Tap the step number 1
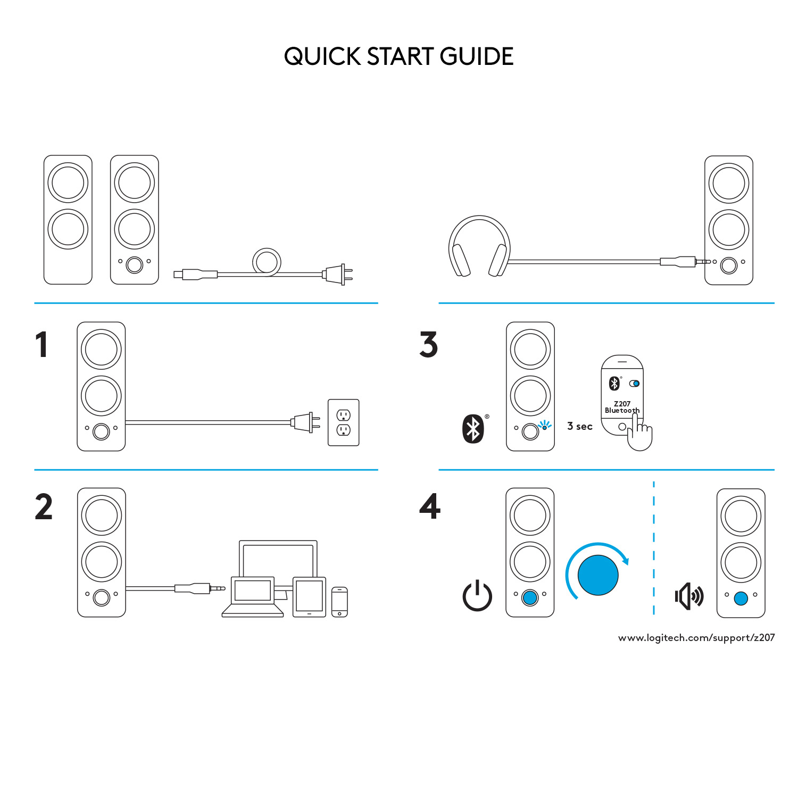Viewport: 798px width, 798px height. point(41,345)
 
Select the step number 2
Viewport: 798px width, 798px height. point(44,506)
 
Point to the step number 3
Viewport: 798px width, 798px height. point(428,345)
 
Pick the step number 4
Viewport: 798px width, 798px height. point(430,506)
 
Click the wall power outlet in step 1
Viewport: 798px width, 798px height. point(344,422)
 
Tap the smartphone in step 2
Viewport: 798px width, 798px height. point(339,602)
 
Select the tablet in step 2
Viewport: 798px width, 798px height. point(309,597)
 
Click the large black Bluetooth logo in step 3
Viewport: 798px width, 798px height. point(473,429)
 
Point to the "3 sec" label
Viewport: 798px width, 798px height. point(579,426)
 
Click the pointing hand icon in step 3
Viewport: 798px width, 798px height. point(639,434)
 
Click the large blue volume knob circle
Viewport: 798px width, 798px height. point(598,575)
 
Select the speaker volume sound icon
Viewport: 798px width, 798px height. point(689,596)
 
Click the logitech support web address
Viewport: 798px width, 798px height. point(696,637)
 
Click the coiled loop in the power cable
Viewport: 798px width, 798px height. point(267,262)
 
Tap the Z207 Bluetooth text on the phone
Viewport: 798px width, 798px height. point(622,407)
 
